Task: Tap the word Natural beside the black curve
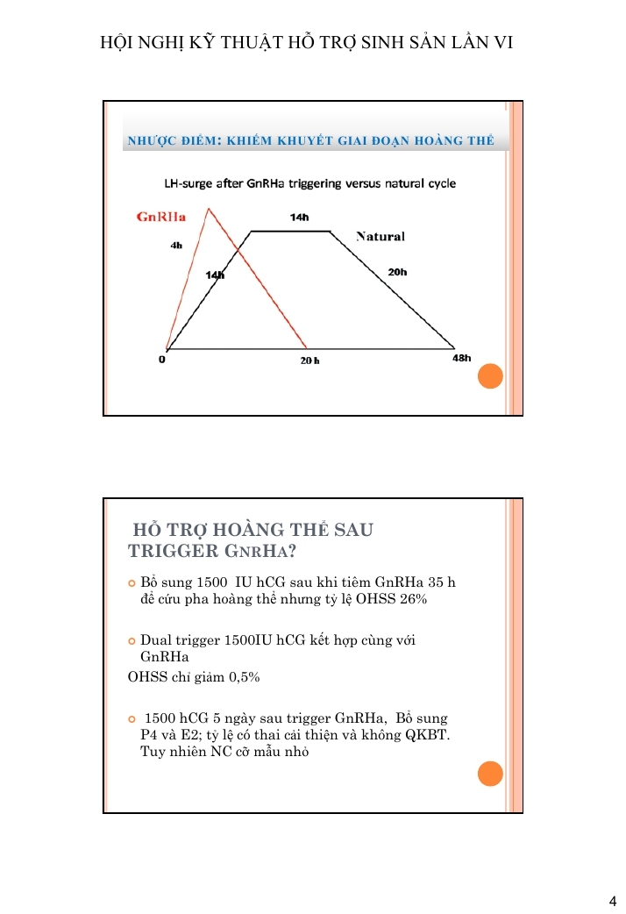coord(380,237)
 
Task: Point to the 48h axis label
coord(461,358)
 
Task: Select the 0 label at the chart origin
coord(163,359)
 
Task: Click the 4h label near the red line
coord(176,246)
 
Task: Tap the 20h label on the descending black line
coord(397,272)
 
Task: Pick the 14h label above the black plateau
coord(299,217)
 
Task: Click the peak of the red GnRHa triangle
coord(209,209)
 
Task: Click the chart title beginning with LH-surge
coord(309,183)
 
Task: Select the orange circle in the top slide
coord(490,376)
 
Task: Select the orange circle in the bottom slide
coord(490,773)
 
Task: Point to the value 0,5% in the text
coord(241,677)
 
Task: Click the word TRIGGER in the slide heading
coord(171,551)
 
